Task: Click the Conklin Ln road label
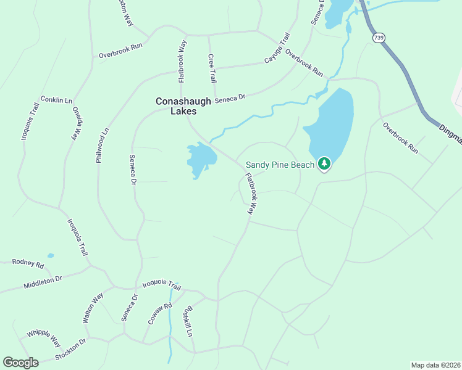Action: (56, 99)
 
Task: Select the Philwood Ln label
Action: (102, 146)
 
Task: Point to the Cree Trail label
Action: (212, 68)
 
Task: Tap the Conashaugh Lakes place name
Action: (176, 106)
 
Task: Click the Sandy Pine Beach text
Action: (281, 165)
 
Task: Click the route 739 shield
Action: (378, 38)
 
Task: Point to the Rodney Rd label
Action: (28, 264)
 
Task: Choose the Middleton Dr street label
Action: (43, 283)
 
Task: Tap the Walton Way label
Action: (93, 309)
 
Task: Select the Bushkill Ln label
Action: (188, 322)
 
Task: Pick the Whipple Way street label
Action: (43, 338)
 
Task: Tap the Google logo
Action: (20, 363)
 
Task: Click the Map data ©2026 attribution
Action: (435, 365)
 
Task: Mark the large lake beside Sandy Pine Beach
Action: (331, 126)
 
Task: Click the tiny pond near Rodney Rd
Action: (51, 255)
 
